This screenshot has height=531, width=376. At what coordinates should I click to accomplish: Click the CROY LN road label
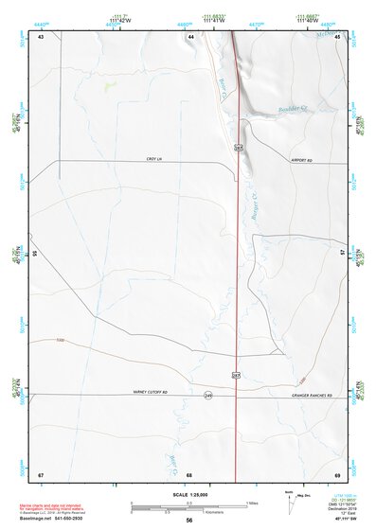click(154, 159)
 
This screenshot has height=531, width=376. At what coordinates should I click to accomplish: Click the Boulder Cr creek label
click(282, 112)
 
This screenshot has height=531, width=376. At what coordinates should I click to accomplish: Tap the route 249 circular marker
click(207, 395)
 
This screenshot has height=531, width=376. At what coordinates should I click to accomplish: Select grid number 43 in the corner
click(41, 36)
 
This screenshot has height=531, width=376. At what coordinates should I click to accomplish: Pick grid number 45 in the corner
click(336, 36)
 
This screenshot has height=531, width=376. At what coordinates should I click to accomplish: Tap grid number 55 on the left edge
click(34, 254)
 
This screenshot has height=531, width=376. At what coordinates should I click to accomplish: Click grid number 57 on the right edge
click(342, 254)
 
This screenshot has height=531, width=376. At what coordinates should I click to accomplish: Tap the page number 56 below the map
click(189, 521)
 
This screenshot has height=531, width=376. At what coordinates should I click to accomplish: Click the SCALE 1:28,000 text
click(188, 495)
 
